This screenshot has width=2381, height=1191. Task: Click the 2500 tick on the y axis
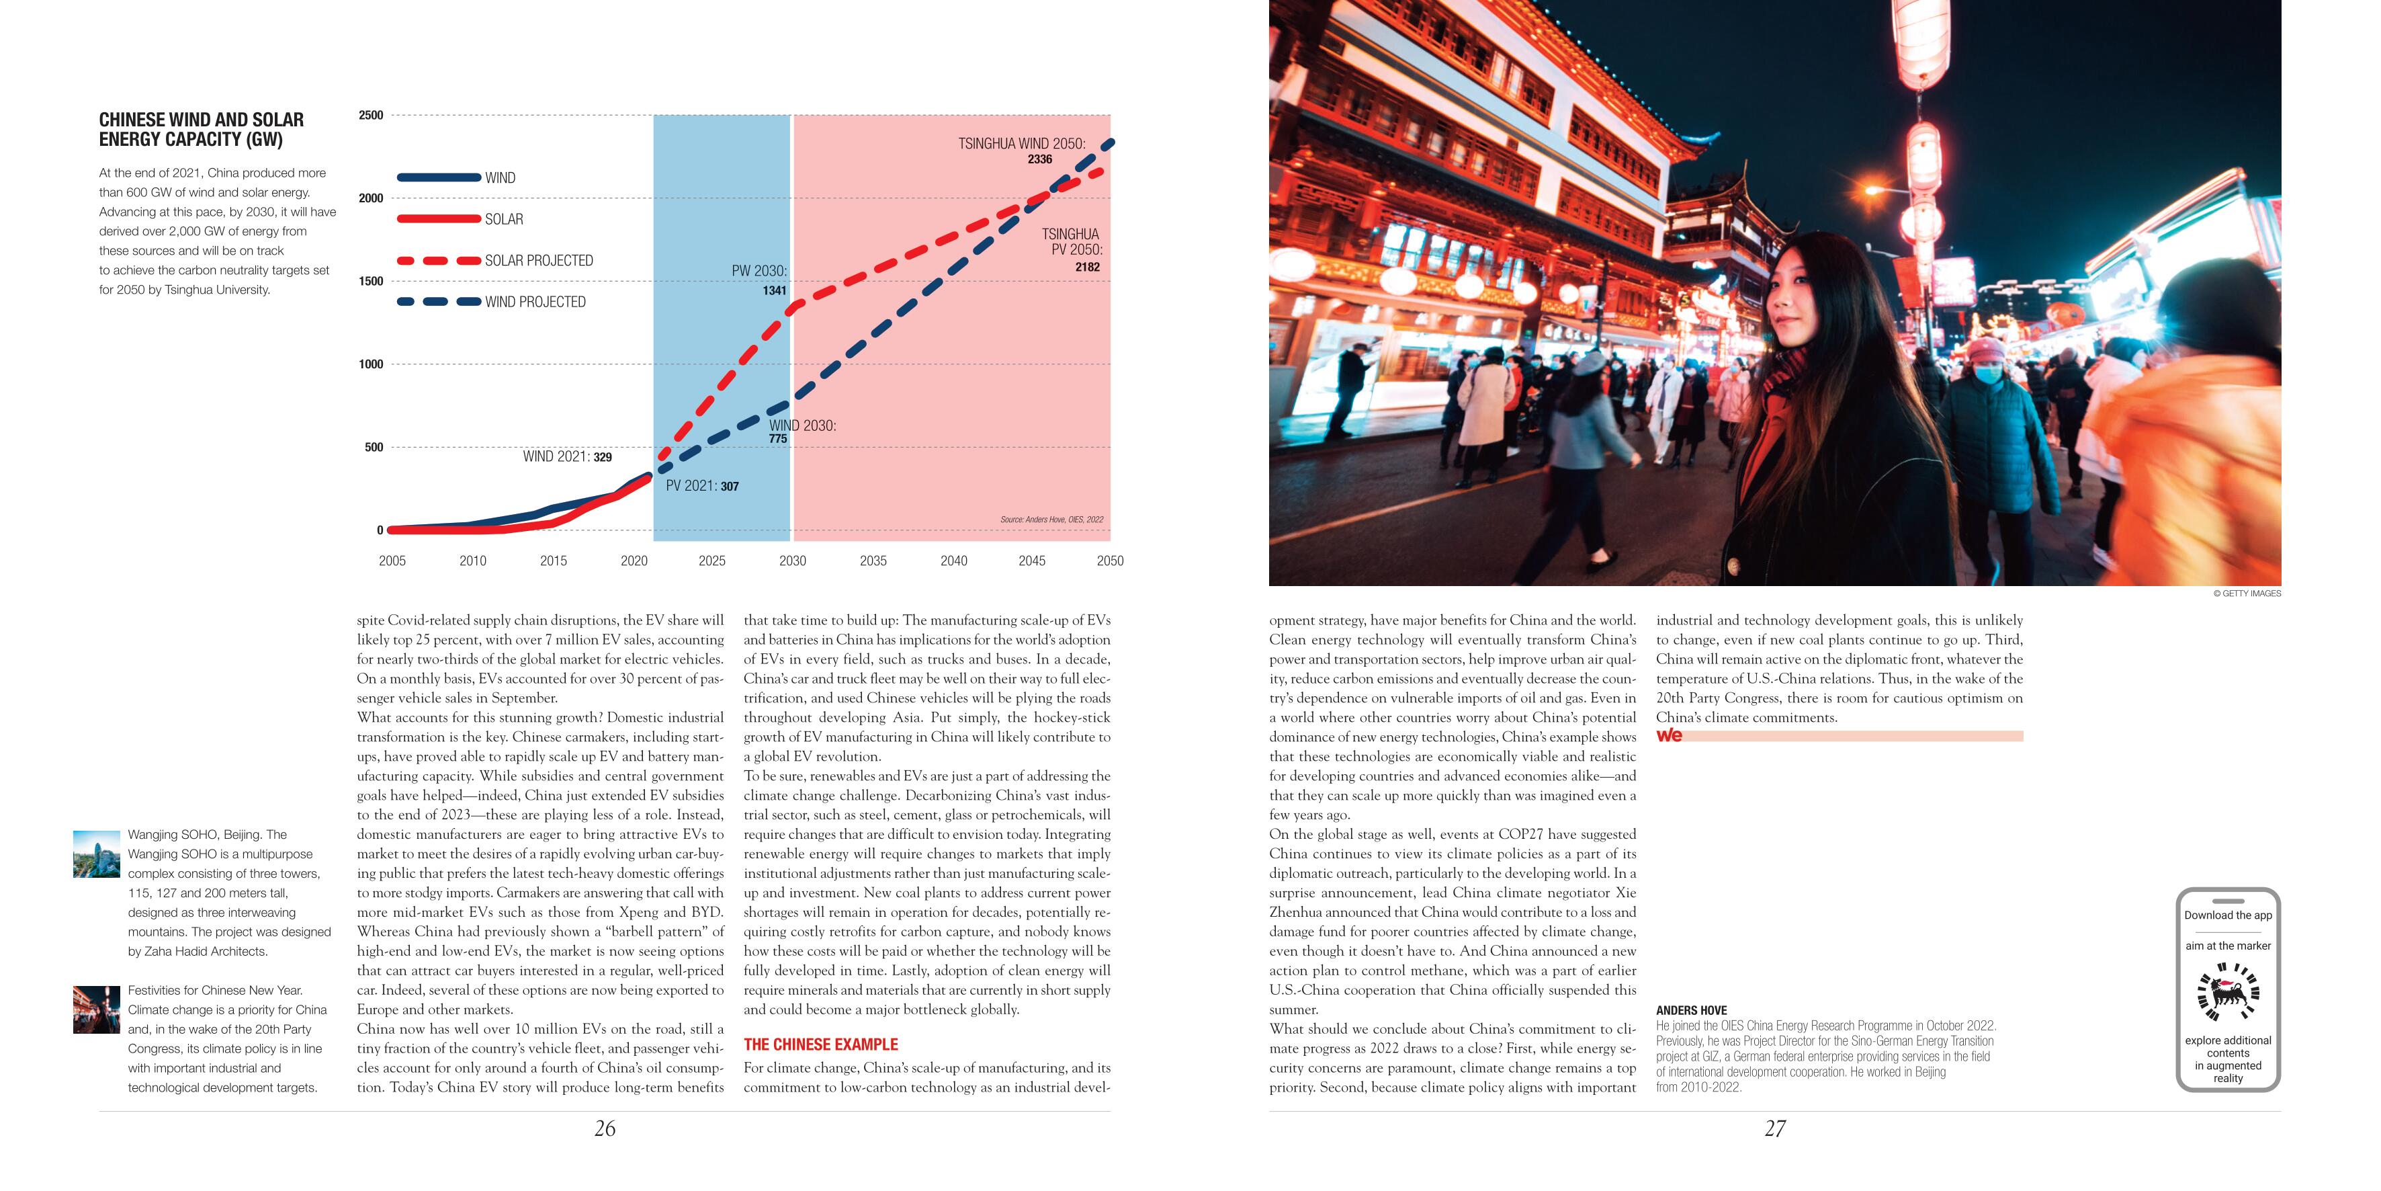click(371, 116)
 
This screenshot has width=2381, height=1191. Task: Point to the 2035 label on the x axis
click(873, 561)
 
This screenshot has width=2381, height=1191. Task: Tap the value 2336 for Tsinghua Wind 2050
click(1040, 159)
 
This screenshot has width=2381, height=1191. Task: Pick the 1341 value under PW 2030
click(775, 290)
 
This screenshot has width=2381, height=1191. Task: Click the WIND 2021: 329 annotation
click(566, 457)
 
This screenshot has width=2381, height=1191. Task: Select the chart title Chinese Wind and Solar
click(202, 130)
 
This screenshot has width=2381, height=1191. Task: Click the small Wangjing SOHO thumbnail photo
click(96, 854)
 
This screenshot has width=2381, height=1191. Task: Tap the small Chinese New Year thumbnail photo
click(96, 1009)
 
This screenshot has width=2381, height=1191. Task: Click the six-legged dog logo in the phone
click(2228, 994)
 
